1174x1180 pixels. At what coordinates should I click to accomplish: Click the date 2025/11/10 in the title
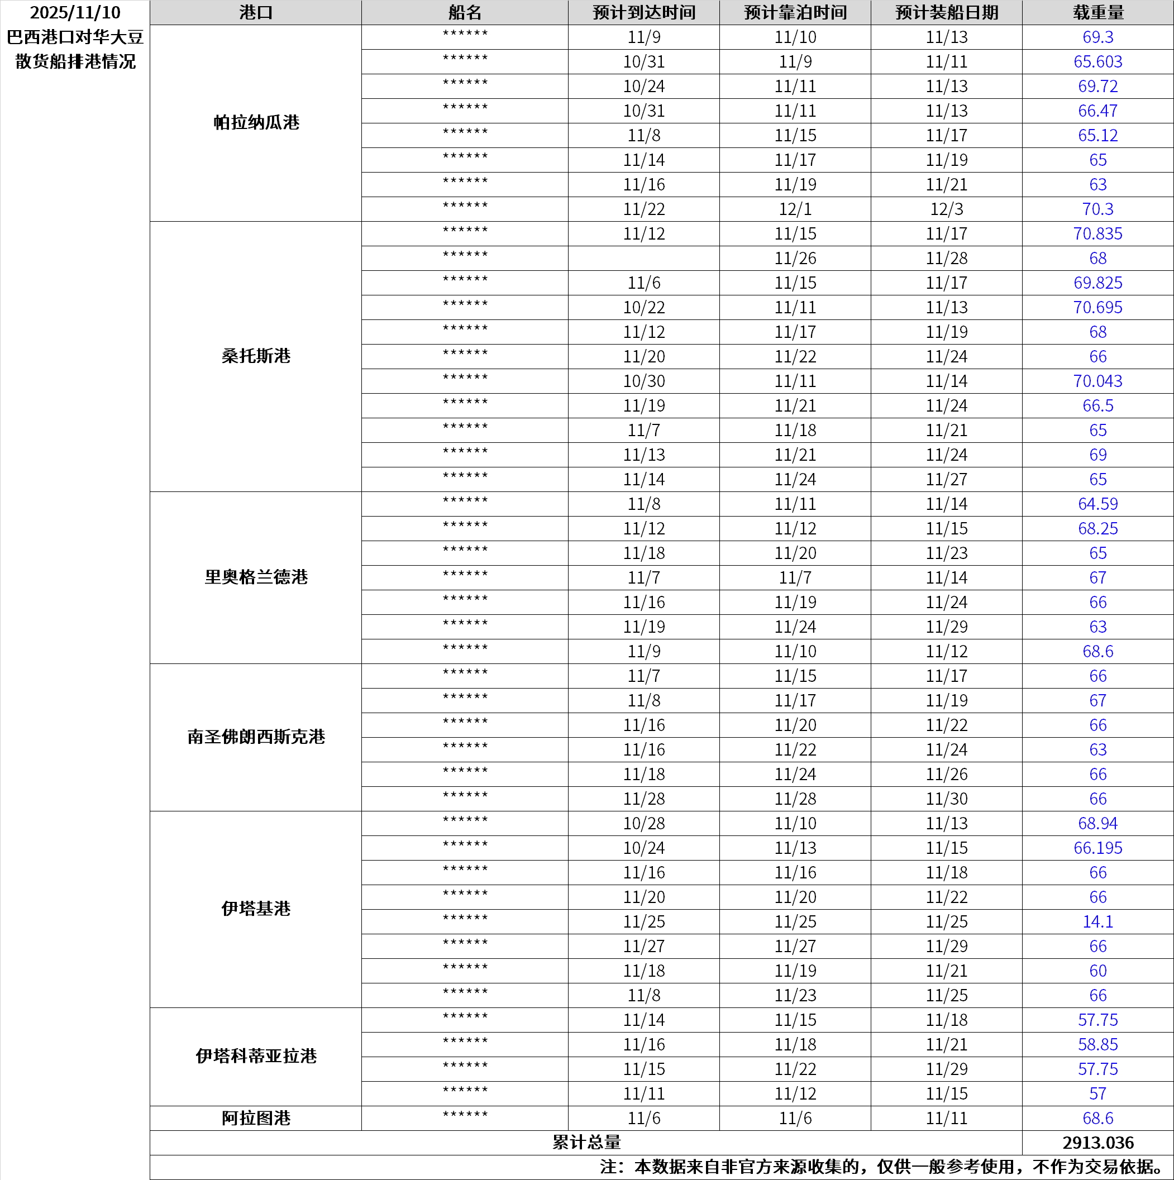(75, 12)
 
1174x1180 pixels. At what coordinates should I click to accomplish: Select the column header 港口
(255, 12)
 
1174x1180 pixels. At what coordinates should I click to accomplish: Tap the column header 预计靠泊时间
(795, 12)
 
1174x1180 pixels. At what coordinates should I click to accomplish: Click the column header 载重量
(1097, 12)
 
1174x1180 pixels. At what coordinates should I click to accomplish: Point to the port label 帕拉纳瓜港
(256, 123)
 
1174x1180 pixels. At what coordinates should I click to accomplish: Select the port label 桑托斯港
(256, 356)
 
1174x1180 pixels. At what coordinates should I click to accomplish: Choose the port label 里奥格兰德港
(256, 577)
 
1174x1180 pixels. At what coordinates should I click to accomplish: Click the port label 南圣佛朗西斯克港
(256, 737)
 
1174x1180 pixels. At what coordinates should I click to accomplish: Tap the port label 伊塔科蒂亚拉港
(256, 1056)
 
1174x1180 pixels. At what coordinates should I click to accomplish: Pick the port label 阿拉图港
(256, 1119)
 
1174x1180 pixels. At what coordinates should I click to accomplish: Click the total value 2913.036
(1097, 1143)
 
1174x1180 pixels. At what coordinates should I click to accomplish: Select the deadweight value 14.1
(1097, 921)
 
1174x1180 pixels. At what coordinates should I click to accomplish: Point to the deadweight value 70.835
(1097, 234)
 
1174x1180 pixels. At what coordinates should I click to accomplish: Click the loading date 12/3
(946, 209)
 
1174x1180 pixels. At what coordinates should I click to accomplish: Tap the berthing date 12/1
(795, 209)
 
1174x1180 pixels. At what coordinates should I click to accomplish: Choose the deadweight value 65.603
(1097, 61)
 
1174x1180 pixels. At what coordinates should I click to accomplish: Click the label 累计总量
(586, 1143)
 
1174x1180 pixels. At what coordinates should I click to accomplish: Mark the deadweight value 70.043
(1097, 381)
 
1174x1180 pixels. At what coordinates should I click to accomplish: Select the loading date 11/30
(946, 799)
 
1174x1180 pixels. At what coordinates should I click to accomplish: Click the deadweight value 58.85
(1097, 1044)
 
